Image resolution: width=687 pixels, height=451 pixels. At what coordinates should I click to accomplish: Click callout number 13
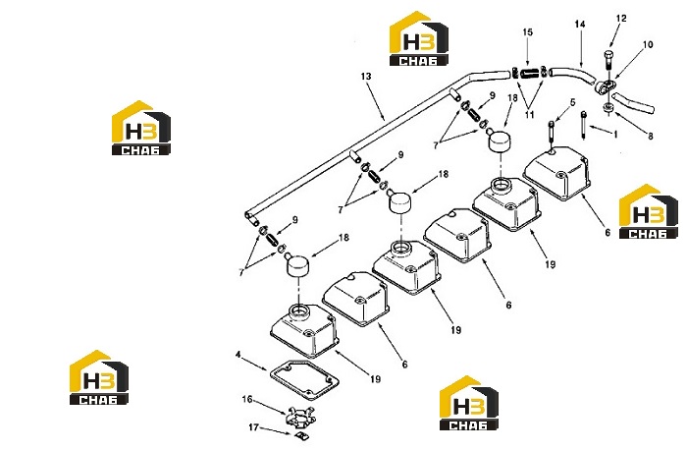(366, 77)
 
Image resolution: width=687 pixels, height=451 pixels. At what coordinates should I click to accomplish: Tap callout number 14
(580, 25)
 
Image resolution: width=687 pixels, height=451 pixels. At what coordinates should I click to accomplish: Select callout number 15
(528, 32)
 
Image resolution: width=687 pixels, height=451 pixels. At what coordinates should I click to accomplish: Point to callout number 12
(621, 19)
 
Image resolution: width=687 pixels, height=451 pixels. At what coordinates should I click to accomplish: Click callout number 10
(648, 44)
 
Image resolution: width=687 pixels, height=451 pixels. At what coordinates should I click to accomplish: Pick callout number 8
(650, 136)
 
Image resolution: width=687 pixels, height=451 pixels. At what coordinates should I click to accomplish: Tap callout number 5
(572, 102)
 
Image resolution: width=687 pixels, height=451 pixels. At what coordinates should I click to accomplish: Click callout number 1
(615, 135)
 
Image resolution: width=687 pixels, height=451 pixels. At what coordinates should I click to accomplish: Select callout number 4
(238, 354)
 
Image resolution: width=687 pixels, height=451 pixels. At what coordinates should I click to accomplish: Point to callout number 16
(247, 399)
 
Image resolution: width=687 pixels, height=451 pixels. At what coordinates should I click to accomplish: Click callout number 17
(253, 426)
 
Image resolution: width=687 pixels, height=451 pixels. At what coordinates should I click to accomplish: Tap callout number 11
(529, 115)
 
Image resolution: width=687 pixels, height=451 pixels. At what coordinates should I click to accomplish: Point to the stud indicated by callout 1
(584, 126)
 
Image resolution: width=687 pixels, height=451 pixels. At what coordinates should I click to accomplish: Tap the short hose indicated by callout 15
(529, 72)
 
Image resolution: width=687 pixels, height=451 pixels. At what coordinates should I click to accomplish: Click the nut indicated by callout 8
(607, 107)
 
